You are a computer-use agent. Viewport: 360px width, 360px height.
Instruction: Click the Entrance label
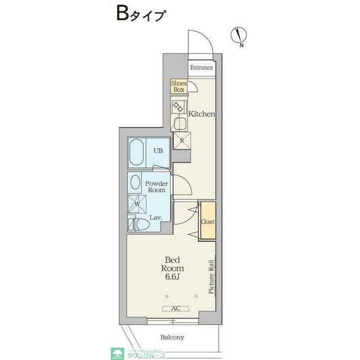(x=201, y=68)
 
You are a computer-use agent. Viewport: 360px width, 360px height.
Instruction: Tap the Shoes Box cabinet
(x=179, y=86)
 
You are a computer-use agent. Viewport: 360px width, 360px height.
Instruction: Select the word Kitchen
(x=201, y=114)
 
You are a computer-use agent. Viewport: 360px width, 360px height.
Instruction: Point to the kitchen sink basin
(x=182, y=123)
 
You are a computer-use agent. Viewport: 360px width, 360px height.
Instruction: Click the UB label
(x=159, y=151)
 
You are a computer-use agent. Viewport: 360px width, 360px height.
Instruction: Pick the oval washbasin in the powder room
(x=135, y=183)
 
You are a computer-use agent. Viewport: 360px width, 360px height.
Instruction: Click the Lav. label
(x=156, y=217)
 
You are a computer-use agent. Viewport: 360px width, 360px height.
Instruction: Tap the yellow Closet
(x=208, y=221)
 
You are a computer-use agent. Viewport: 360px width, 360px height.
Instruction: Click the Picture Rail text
(x=211, y=277)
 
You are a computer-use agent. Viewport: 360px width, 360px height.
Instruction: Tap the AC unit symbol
(x=175, y=308)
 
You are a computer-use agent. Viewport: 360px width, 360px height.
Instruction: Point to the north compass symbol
(x=238, y=35)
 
